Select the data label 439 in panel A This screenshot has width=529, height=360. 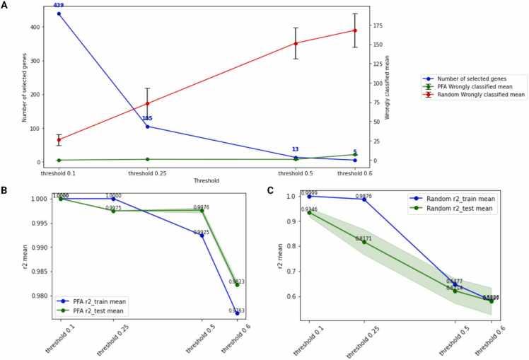pos(59,6)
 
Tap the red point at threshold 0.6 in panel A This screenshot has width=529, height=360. pos(355,30)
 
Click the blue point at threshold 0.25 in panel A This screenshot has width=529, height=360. pos(147,127)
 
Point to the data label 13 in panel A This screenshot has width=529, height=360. pos(296,149)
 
